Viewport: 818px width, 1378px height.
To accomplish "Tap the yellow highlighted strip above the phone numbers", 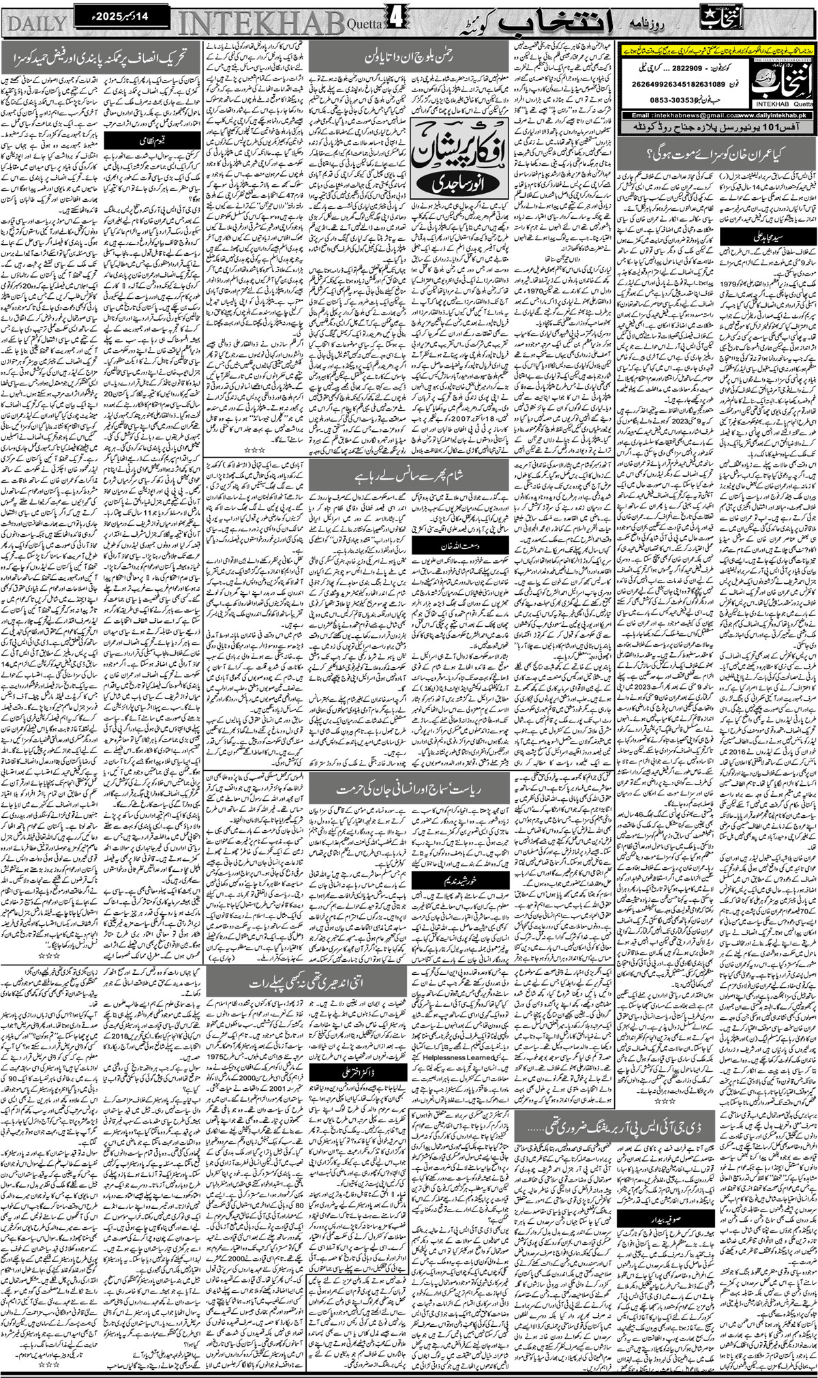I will pyautogui.click(x=719, y=53).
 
